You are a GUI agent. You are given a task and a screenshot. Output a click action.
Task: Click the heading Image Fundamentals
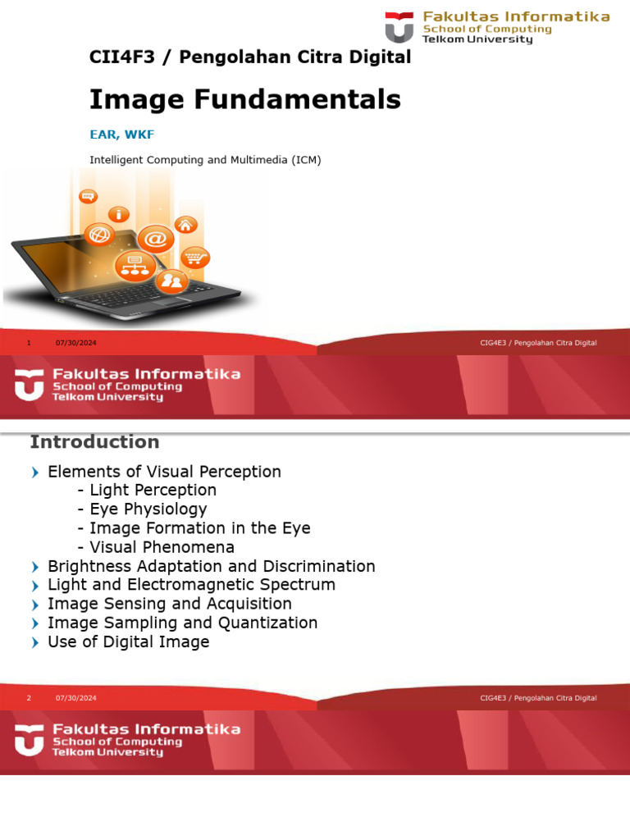coord(244,100)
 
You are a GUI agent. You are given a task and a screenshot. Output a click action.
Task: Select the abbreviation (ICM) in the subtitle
coord(306,160)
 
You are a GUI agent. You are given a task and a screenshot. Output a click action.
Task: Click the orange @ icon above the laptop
coord(156,240)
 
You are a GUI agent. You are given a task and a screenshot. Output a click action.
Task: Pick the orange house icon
coord(187,224)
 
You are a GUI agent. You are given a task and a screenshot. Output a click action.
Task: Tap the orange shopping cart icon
coord(194,258)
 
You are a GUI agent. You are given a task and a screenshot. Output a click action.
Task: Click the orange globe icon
coord(99,235)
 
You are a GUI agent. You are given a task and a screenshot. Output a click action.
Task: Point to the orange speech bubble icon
coord(88,196)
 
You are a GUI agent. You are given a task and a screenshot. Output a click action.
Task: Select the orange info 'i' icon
coord(122,214)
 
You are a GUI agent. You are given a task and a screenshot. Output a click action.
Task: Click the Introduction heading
coord(94,442)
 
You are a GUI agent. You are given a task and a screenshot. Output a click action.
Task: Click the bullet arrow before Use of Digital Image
coord(34,643)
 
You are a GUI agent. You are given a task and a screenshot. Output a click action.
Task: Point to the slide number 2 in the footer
coord(29,698)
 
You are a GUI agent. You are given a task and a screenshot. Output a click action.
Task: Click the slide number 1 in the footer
coord(29,343)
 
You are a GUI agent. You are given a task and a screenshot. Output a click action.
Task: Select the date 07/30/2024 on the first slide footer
coord(76,343)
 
